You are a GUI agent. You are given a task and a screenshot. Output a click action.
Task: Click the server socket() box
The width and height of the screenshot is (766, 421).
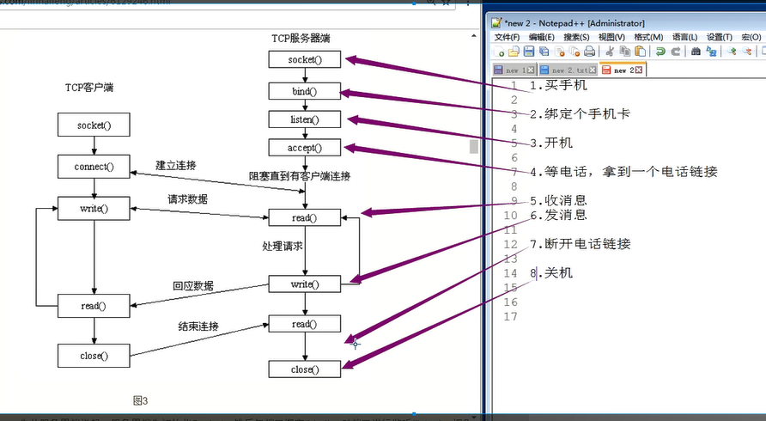305,59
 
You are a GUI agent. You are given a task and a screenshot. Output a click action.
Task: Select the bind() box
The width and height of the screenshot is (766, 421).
305,90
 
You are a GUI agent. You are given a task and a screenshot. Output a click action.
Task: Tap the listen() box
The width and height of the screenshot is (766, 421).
305,119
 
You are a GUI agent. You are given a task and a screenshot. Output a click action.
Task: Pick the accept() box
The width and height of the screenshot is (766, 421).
305,148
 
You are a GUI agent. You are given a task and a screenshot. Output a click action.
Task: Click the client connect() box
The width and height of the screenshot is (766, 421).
94,166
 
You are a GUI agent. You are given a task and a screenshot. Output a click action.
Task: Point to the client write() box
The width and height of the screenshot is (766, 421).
94,208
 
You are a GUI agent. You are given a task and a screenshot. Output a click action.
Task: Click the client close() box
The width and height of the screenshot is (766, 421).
94,354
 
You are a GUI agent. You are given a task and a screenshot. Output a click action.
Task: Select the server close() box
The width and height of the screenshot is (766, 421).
305,369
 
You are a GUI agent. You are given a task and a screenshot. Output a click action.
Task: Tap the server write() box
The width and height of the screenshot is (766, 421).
305,284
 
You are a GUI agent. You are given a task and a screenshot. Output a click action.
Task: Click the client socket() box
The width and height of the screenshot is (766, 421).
94,125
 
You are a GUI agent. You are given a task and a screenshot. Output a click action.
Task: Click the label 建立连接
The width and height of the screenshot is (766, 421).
175,165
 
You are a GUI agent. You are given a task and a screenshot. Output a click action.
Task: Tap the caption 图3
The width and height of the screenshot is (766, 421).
141,400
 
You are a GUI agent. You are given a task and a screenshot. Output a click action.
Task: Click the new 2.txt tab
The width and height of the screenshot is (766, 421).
568,70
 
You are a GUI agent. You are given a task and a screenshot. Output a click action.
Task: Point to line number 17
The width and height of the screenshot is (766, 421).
510,317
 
